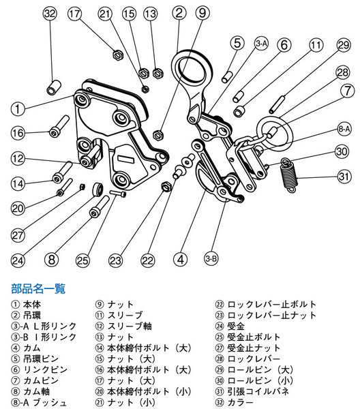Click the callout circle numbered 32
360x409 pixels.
pos(49,14)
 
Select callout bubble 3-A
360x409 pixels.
pos(261,44)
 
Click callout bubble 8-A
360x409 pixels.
pos(344,128)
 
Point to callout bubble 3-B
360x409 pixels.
pos(211,258)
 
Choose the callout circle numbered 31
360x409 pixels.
pos(343,179)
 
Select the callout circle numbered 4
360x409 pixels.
pos(180,259)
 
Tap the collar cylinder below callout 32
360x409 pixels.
pos(52,89)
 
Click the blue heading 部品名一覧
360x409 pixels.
pos(38,288)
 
